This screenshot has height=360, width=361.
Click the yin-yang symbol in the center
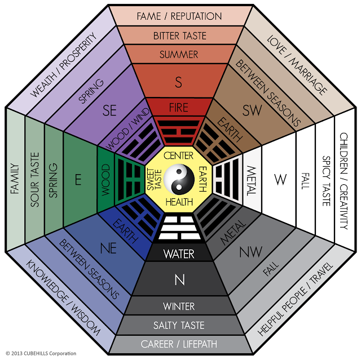(x=179, y=179)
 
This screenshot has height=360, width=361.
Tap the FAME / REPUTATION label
(x=179, y=16)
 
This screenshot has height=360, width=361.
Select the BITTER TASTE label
(x=179, y=35)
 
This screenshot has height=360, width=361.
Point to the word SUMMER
(x=179, y=55)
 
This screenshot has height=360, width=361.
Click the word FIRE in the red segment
(x=179, y=107)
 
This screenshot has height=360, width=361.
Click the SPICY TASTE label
(x=325, y=181)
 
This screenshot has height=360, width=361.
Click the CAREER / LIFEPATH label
(x=179, y=344)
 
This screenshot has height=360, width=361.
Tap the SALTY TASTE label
(x=179, y=325)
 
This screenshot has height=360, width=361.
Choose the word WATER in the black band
(x=179, y=254)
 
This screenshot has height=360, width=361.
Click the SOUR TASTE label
(x=34, y=181)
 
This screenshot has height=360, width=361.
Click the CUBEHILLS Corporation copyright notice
(x=39, y=353)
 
